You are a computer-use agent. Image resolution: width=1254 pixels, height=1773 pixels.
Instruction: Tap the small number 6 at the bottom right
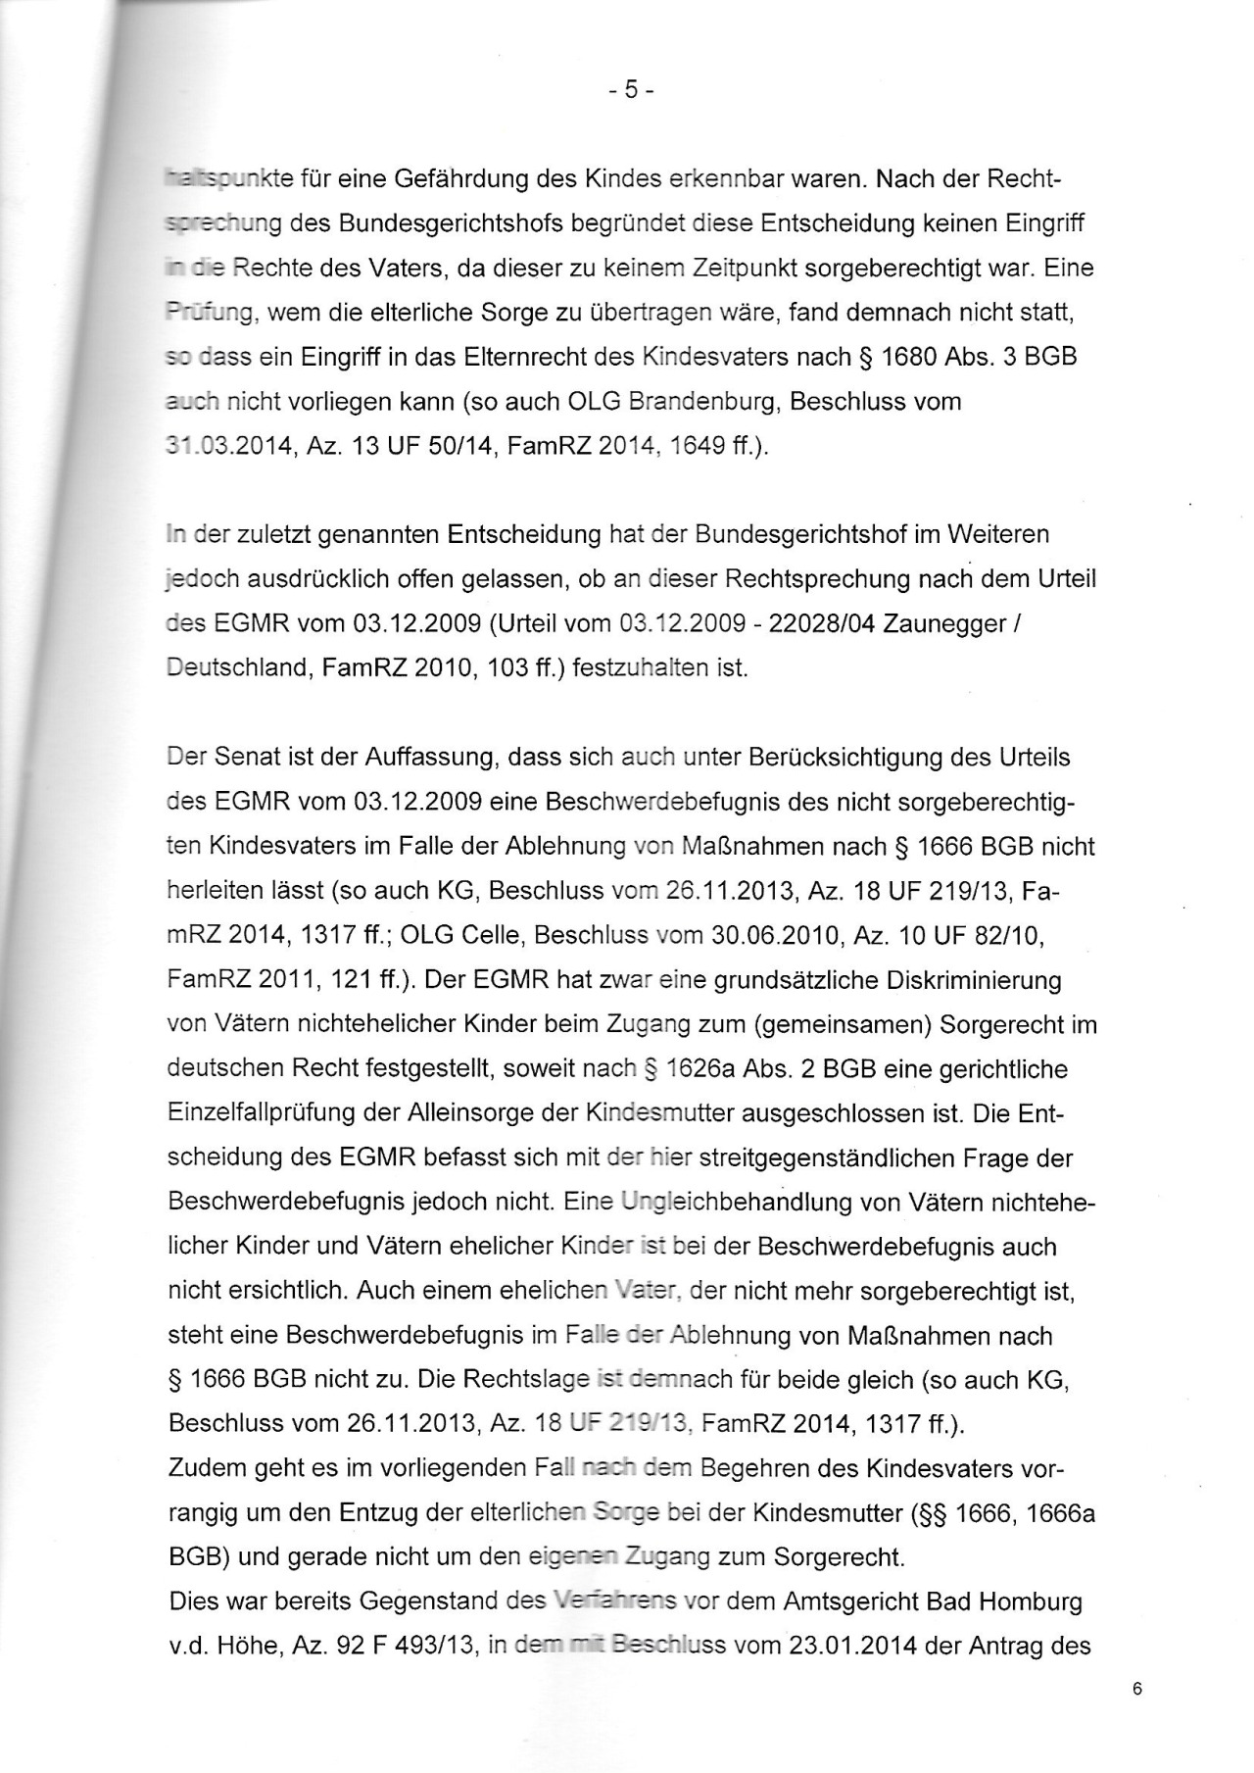click(1136, 1689)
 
